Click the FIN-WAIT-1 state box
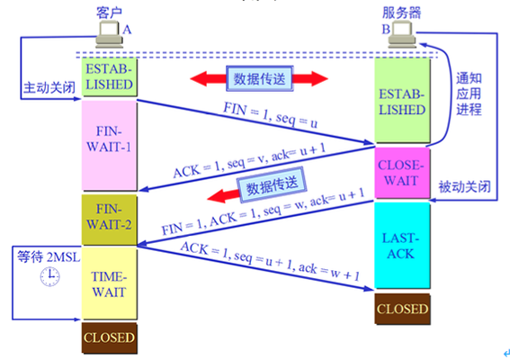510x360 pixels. pyautogui.click(x=110, y=145)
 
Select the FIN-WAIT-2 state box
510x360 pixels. pyautogui.click(x=110, y=220)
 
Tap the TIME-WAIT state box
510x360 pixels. pyautogui.click(x=110, y=283)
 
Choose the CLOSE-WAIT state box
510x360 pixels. pyautogui.click(x=402, y=173)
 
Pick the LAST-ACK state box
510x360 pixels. pyautogui.click(x=402, y=245)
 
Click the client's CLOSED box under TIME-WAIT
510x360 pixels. pyautogui.click(x=110, y=337)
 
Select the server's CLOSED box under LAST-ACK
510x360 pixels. pyautogui.click(x=402, y=309)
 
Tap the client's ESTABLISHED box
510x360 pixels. pyautogui.click(x=110, y=76)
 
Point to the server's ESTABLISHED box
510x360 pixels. pyautogui.click(x=402, y=100)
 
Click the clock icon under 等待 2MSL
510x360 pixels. pyautogui.click(x=49, y=276)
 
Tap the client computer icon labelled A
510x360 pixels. pyautogui.click(x=110, y=34)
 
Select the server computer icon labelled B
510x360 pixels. pyautogui.click(x=402, y=34)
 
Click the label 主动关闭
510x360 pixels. pyautogui.click(x=49, y=87)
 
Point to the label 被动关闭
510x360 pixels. pyautogui.click(x=464, y=187)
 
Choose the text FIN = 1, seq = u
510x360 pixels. pyautogui.click(x=270, y=115)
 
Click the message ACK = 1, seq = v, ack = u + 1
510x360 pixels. pyautogui.click(x=249, y=161)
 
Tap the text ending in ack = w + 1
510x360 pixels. pyautogui.click(x=270, y=261)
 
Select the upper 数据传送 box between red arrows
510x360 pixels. pyautogui.click(x=260, y=79)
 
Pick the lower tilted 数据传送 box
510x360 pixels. pyautogui.click(x=272, y=184)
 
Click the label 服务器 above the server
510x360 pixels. pyautogui.click(x=401, y=13)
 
